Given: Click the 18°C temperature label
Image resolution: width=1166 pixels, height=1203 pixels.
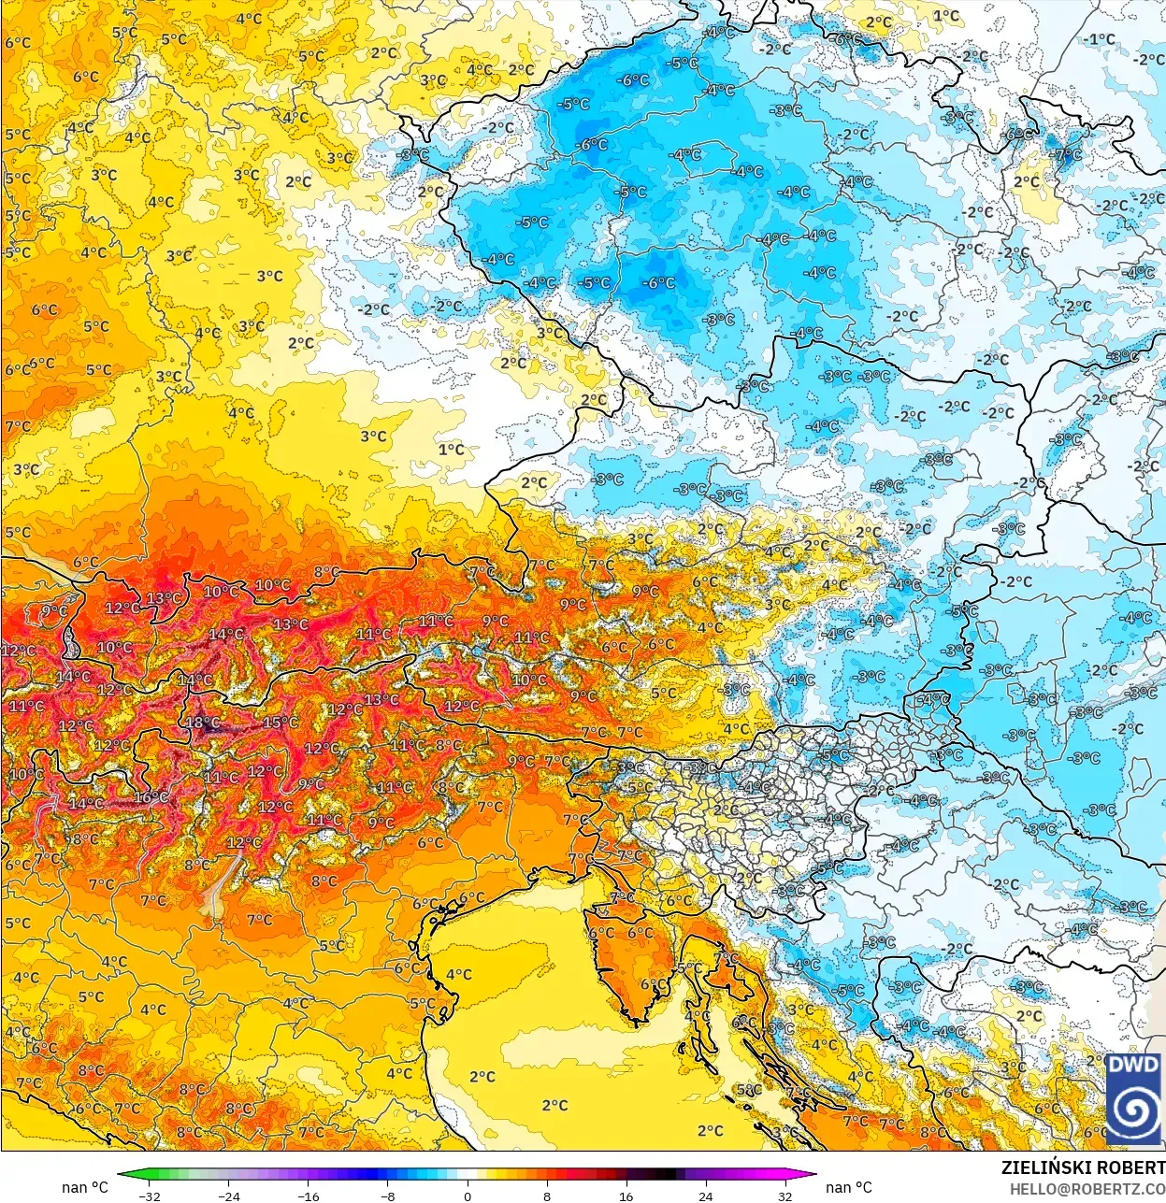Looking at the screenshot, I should click(202, 723).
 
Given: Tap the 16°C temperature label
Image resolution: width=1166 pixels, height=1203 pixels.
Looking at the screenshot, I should click(151, 797).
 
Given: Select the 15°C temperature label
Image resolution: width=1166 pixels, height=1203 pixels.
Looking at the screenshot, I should click(280, 723).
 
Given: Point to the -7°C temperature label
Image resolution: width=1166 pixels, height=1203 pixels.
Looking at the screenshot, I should click(1067, 154).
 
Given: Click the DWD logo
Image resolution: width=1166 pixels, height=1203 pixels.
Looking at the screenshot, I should click(1133, 1100).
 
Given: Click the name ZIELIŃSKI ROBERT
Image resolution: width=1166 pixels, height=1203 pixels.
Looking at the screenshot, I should click(1083, 1167).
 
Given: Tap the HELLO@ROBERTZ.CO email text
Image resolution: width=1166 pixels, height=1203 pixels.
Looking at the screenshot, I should click(1087, 1188).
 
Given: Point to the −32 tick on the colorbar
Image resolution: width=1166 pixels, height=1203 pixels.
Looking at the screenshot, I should click(149, 1196).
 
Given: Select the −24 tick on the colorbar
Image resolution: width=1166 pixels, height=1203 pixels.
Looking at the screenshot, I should click(228, 1196).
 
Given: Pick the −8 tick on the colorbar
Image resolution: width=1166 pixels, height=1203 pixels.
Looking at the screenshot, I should click(388, 1196).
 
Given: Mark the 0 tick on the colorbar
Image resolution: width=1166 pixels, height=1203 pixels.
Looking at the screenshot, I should click(468, 1196).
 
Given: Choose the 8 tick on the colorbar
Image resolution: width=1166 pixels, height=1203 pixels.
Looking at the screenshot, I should click(547, 1196).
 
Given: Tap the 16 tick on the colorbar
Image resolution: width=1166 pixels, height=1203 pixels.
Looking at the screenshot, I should click(626, 1196).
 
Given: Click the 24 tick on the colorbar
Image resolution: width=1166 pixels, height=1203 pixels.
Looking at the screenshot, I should click(706, 1196).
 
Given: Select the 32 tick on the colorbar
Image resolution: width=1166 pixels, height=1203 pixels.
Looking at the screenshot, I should click(785, 1196).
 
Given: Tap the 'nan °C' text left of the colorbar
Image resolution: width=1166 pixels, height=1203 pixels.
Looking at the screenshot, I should click(85, 1187).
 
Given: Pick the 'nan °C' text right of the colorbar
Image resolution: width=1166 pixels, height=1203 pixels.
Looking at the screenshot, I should click(848, 1187).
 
